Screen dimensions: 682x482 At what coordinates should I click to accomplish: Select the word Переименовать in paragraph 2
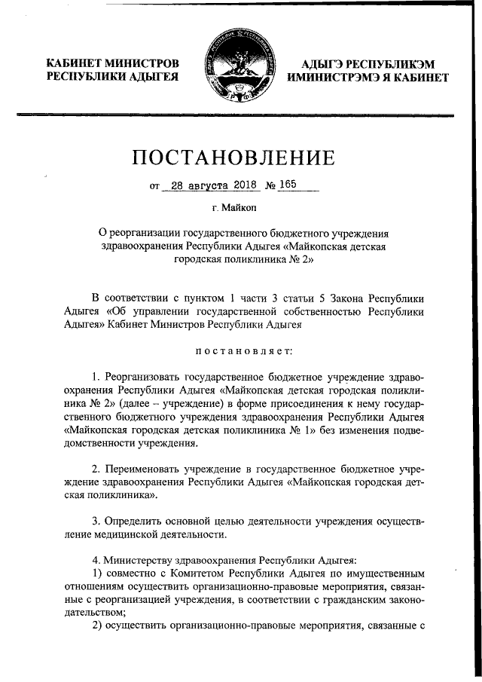tap(143, 468)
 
